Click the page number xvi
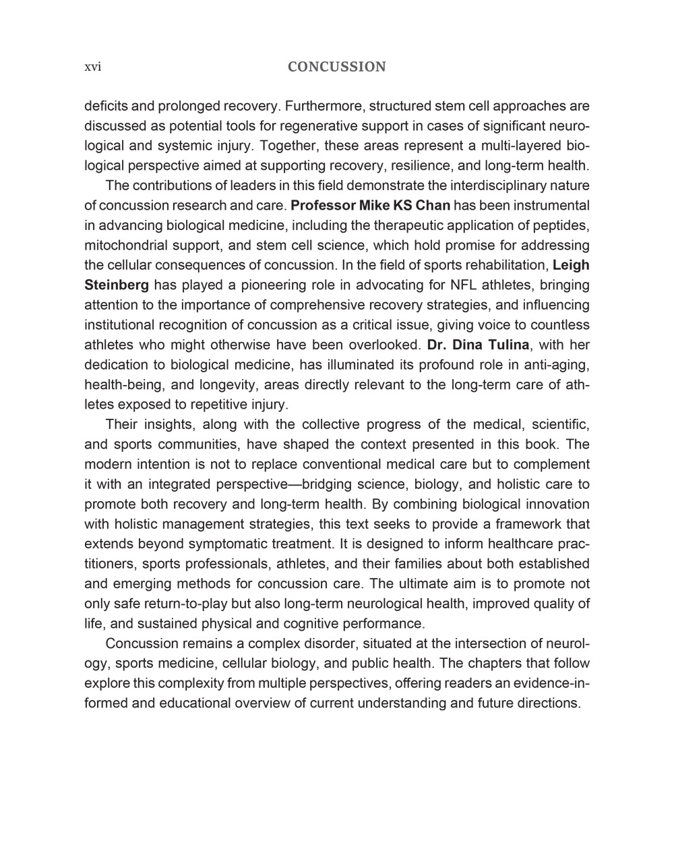[x=92, y=67]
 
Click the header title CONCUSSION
[x=336, y=67]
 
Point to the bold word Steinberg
[x=117, y=285]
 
